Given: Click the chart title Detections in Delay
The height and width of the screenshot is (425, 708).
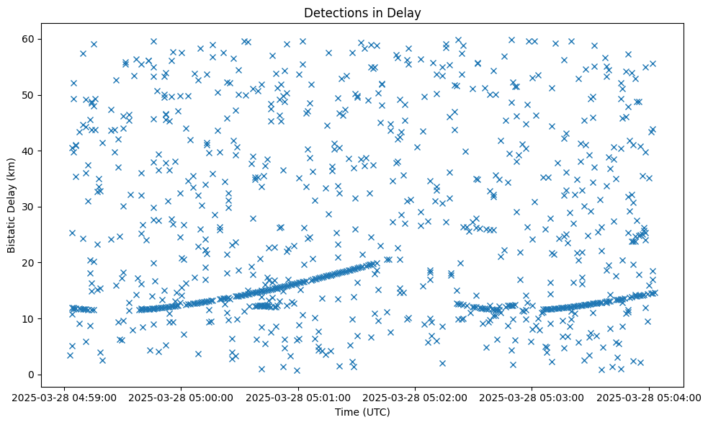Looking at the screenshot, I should tap(362, 13).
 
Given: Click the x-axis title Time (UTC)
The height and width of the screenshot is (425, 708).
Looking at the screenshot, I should tap(362, 413).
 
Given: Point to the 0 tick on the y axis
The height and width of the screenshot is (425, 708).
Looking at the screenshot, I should tap(32, 375).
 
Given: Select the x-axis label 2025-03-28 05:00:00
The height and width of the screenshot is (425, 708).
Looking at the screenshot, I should tap(182, 397).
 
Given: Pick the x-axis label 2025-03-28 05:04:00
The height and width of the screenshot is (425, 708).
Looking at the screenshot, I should tap(649, 397).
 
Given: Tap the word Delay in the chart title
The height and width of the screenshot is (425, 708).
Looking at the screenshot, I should tap(406, 13).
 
